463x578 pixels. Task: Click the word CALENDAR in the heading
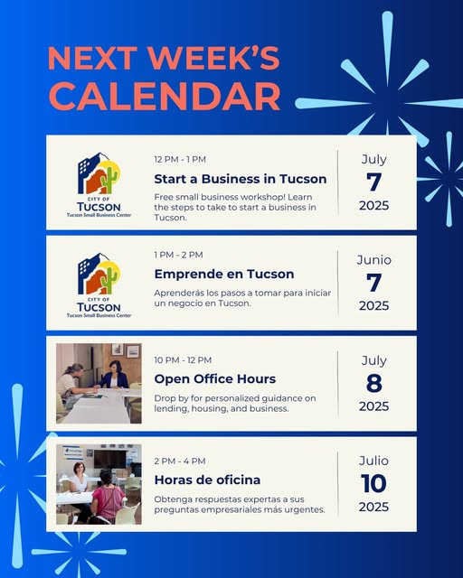165,97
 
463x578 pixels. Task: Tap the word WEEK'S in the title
213,58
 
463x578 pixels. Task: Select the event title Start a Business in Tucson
241,179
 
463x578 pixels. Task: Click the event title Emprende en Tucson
224,274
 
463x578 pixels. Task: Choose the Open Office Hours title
215,379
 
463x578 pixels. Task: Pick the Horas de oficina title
207,480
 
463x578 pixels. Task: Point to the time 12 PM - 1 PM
180,159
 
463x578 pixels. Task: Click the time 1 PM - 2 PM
178,255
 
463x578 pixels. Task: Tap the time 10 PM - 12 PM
183,359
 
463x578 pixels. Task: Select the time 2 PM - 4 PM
180,461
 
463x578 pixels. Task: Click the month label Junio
374,260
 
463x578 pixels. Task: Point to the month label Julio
373,461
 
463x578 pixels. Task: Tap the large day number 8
374,383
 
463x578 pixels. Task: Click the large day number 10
373,484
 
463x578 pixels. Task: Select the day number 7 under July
373,182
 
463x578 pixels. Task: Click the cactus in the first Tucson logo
109,179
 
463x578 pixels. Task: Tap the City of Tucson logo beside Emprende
99,284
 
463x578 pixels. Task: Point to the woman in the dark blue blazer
115,376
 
